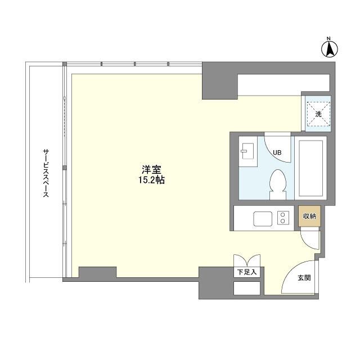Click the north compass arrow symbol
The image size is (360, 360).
tap(330, 49)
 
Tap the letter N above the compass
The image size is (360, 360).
tap(328, 38)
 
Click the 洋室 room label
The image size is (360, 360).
tap(151, 170)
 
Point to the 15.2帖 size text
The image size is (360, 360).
tap(151, 180)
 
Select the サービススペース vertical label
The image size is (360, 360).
tap(46, 173)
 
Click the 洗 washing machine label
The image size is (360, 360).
tap(318, 114)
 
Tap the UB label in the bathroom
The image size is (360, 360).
tap(277, 152)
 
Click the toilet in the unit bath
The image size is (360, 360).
tap(278, 184)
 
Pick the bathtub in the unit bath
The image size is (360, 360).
tap(310, 168)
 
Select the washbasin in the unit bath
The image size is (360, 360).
tap(247, 151)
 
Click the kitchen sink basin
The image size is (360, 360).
tap(263, 219)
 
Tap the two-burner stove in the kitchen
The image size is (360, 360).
tap(283, 218)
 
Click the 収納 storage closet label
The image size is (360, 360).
tap(309, 216)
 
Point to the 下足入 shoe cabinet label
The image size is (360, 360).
tap(247, 272)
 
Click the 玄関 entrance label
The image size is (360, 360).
tap(304, 278)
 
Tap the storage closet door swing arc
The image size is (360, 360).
tap(305, 243)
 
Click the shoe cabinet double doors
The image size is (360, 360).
tap(247, 260)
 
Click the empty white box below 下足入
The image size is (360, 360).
tap(247, 288)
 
